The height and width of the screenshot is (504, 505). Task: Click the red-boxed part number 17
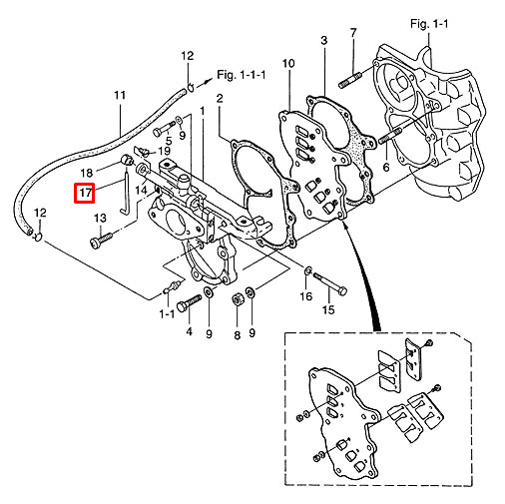coord(85,193)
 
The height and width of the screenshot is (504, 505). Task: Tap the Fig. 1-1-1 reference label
coord(242,75)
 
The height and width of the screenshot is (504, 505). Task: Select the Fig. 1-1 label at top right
coord(429,24)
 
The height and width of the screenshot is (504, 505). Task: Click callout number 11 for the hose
coord(120,95)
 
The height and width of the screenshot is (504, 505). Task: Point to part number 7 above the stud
coord(353,33)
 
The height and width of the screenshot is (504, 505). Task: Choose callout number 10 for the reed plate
coord(288,63)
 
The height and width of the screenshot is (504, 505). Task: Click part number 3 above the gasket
coord(323,40)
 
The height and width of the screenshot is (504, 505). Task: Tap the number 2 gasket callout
coord(220,98)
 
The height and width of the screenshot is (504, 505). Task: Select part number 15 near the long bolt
coord(328,309)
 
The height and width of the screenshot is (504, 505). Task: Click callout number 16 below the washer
coord(306,295)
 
